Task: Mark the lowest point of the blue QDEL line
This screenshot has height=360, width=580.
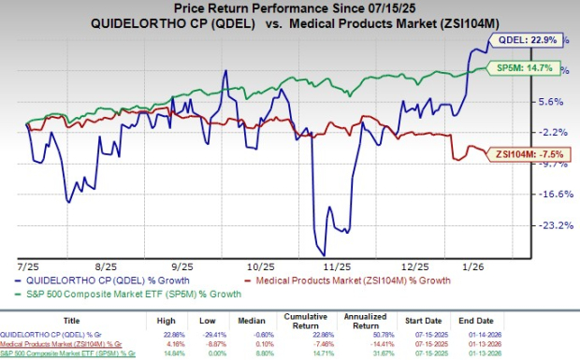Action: [x=324, y=254]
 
